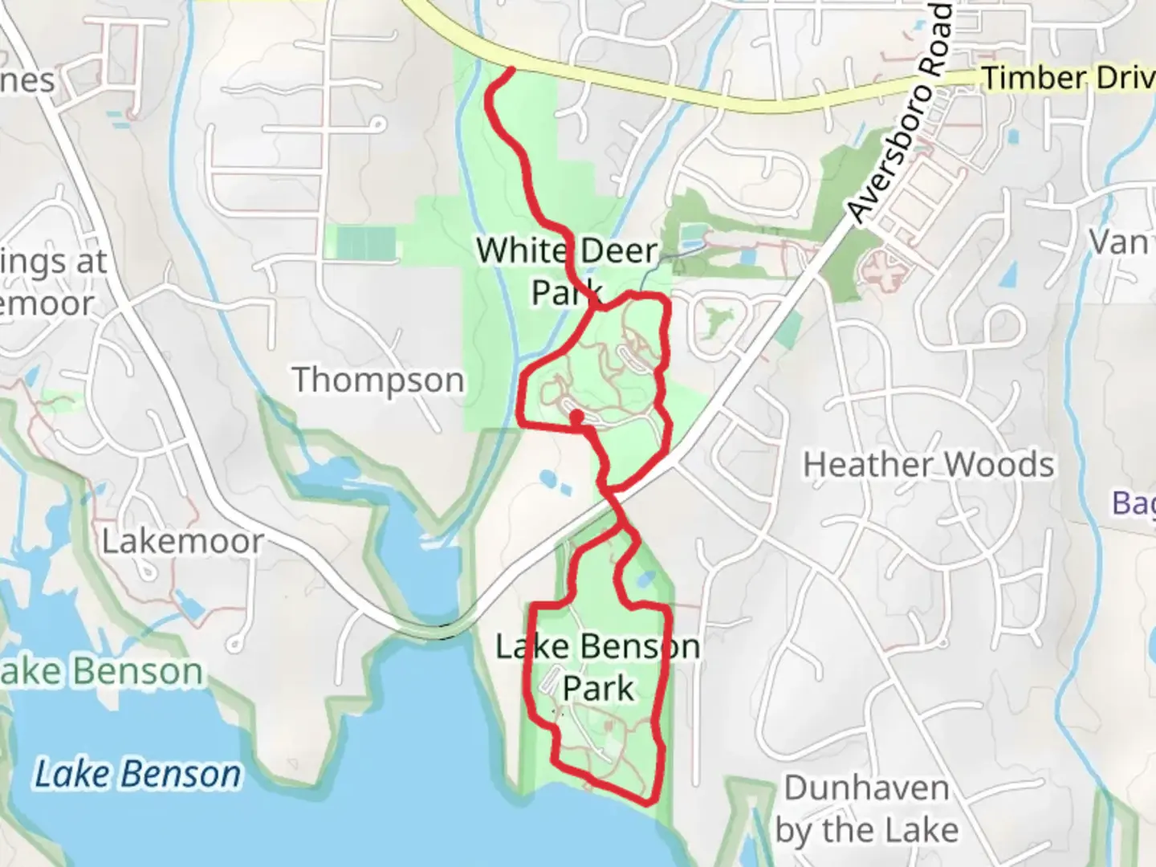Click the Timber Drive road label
coord(1068,78)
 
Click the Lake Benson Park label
coord(597,667)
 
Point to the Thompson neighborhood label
coord(378,380)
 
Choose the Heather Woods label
coord(929,465)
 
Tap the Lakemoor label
coord(182,541)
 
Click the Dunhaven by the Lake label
coord(867,809)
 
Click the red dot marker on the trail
coord(576,416)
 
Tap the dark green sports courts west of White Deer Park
coord(366,242)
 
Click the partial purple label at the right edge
coord(1134,503)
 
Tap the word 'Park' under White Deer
coord(567,293)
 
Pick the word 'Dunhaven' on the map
coord(867,788)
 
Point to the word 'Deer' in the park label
coord(618,250)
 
